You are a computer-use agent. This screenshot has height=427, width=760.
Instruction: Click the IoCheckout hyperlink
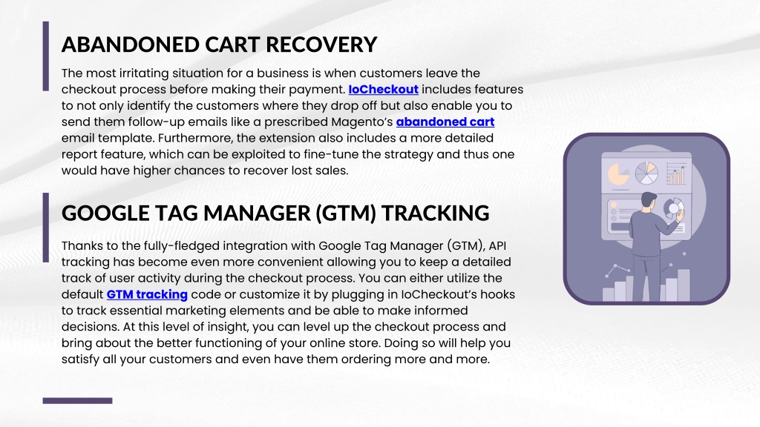384,90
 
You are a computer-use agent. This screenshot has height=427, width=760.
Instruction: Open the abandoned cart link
445,122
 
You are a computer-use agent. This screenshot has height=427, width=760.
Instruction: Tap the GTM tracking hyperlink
147,295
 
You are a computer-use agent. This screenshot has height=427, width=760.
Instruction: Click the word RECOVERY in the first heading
321,44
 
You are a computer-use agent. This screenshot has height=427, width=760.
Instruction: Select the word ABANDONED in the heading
131,44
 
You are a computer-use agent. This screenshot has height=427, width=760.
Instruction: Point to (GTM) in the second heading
346,213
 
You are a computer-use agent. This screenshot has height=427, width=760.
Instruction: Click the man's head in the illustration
649,200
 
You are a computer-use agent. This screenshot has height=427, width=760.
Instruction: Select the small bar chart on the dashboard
675,173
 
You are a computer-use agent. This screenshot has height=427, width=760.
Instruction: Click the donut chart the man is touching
673,208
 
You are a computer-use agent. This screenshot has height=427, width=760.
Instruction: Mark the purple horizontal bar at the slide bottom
77,401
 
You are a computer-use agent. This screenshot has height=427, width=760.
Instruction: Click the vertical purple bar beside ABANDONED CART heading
45,56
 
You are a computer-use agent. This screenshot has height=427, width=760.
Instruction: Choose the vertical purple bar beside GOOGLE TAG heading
45,228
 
